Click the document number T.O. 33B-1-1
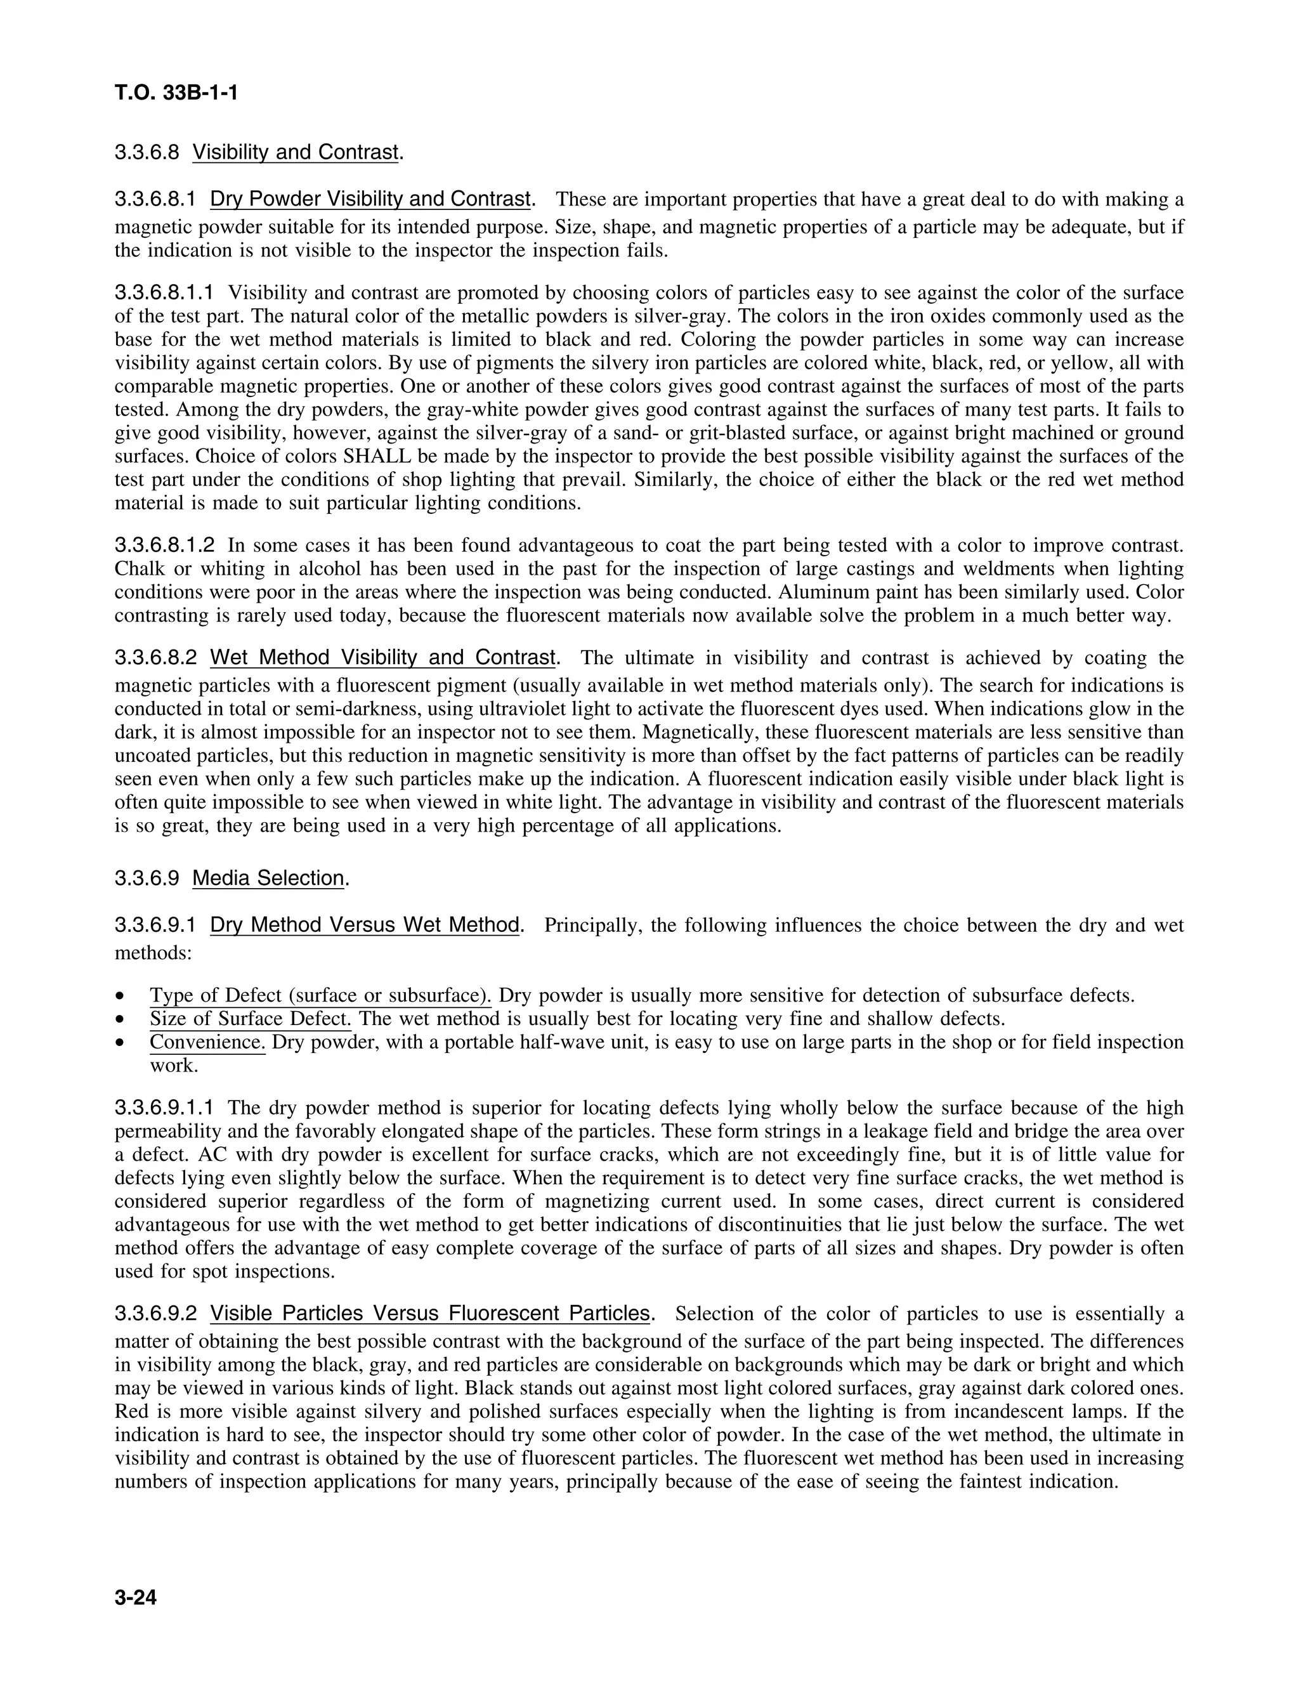pyautogui.click(x=176, y=93)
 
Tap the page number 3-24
pyautogui.click(x=136, y=1598)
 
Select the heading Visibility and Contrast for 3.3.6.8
pyautogui.click(x=295, y=152)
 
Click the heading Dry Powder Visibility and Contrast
pyautogui.click(x=370, y=199)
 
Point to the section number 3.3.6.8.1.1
pyautogui.click(x=165, y=292)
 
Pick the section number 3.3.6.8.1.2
pyautogui.click(x=165, y=546)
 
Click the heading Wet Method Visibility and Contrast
pyautogui.click(x=382, y=658)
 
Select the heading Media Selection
pyautogui.click(x=268, y=878)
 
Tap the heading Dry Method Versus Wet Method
pyautogui.click(x=365, y=925)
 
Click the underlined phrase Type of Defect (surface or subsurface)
pyautogui.click(x=320, y=996)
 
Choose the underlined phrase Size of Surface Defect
pyautogui.click(x=250, y=1019)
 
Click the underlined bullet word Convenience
pyautogui.click(x=207, y=1042)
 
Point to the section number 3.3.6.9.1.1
pyautogui.click(x=165, y=1108)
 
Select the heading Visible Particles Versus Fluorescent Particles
pyautogui.click(x=430, y=1313)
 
